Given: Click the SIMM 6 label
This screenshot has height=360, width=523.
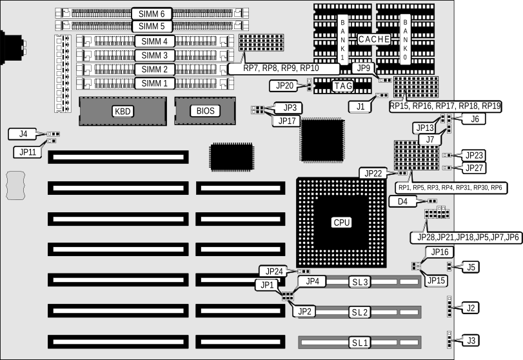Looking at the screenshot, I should pyautogui.click(x=153, y=13).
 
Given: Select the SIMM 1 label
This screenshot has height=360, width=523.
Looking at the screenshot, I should pyautogui.click(x=154, y=83).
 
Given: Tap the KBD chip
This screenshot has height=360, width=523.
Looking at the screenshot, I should pyautogui.click(x=123, y=112).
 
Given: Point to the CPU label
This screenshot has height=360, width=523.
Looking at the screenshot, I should pyautogui.click(x=341, y=223).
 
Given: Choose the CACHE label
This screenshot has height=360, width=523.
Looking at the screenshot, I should pyautogui.click(x=374, y=39).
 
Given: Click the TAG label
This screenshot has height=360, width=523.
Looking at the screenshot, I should pyautogui.click(x=342, y=85).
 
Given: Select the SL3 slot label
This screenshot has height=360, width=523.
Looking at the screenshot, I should pyautogui.click(x=359, y=282).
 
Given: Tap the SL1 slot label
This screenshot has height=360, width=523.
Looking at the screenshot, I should pyautogui.click(x=359, y=342).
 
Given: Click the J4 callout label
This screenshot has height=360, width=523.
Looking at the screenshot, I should pyautogui.click(x=23, y=134).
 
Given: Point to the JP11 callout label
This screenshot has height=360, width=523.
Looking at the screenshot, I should pyautogui.click(x=28, y=152).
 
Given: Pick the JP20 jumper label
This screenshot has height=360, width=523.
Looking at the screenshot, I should pyautogui.click(x=284, y=85).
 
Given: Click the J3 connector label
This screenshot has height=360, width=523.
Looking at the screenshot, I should pyautogui.click(x=472, y=340).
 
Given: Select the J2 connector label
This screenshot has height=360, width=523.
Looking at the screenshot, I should pyautogui.click(x=472, y=308).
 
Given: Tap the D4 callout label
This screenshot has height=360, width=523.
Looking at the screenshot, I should pyautogui.click(x=402, y=202).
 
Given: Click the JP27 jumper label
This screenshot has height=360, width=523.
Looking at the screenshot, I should pyautogui.click(x=475, y=168).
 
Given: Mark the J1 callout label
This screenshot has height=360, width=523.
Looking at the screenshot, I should pyautogui.click(x=360, y=106).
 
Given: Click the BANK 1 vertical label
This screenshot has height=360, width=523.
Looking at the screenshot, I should pyautogui.click(x=342, y=39).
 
